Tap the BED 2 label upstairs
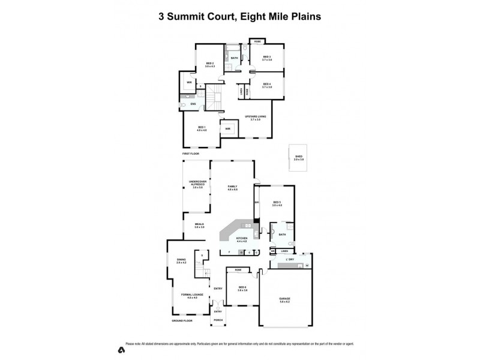(210, 64)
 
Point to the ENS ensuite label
(193, 104)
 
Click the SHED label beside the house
(298, 158)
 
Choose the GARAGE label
(285, 299)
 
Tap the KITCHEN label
(242, 239)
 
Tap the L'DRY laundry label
(290, 259)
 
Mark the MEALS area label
(199, 225)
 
